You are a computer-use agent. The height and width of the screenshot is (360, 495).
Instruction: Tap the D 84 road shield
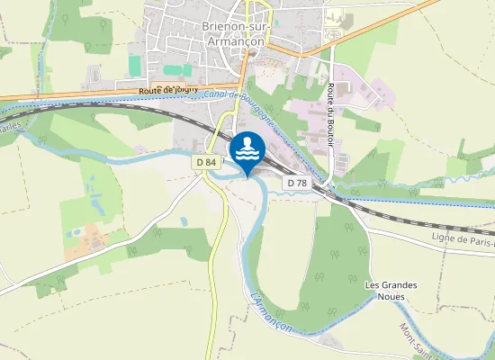tap(205, 162)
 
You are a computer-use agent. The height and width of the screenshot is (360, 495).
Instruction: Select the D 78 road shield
tap(298, 183)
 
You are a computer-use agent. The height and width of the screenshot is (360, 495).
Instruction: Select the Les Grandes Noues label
tap(391, 292)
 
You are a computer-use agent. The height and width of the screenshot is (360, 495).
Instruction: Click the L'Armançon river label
tap(270, 310)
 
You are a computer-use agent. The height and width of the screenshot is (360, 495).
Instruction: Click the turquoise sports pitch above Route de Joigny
tap(135, 66)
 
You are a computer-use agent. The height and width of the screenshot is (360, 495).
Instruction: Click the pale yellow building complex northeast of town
tap(336, 18)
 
